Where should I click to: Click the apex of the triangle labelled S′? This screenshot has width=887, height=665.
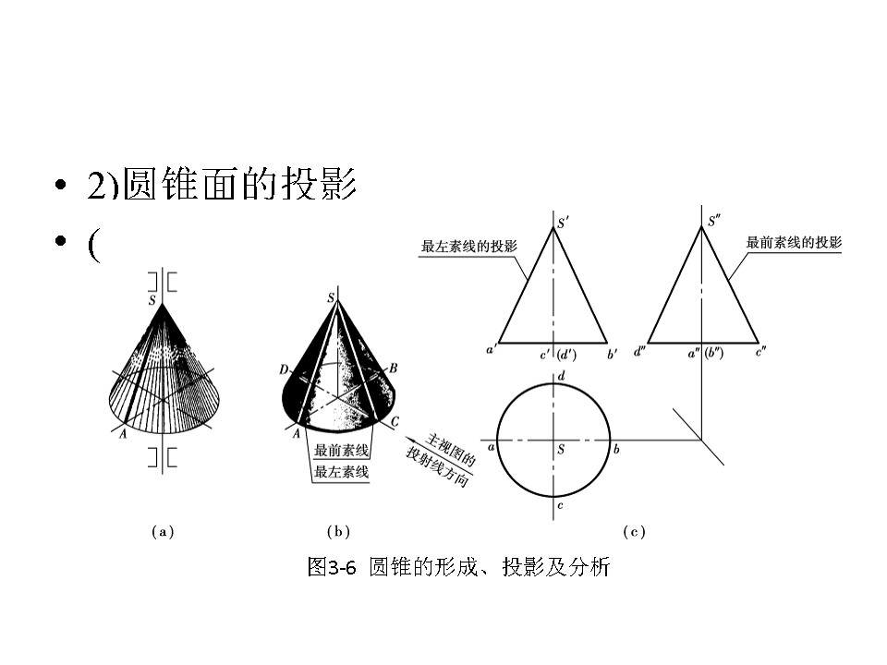coord(553,227)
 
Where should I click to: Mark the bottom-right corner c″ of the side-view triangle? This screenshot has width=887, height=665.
coord(758,343)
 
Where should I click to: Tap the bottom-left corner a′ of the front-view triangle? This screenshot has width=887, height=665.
coord(499,343)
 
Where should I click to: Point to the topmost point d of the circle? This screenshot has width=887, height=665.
coord(553,383)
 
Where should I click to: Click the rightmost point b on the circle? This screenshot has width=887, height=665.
coord(610,440)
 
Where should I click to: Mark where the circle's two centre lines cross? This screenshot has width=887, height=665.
coord(553,440)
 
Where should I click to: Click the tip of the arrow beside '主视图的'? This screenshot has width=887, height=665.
coord(424,444)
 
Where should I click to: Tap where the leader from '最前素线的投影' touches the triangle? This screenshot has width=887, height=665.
coord(729,280)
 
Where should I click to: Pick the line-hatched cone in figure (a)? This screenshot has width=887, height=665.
coord(164,368)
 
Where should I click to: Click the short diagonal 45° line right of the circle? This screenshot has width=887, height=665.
coord(699,436)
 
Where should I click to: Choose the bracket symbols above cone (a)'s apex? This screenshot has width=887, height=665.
coord(163,283)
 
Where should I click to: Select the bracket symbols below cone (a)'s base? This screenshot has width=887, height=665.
coord(163,457)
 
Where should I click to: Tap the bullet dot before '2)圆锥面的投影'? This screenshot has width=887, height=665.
coord(61,185)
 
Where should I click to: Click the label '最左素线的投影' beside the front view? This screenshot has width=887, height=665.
coord(469,246)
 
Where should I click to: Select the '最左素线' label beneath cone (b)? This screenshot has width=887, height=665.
coord(342,472)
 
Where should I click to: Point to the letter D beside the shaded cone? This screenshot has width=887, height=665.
coord(284,369)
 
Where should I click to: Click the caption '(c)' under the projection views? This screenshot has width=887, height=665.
coord(634,532)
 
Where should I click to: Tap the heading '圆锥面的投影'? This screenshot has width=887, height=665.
coord(239,185)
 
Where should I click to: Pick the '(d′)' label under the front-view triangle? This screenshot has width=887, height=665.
coord(566,355)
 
